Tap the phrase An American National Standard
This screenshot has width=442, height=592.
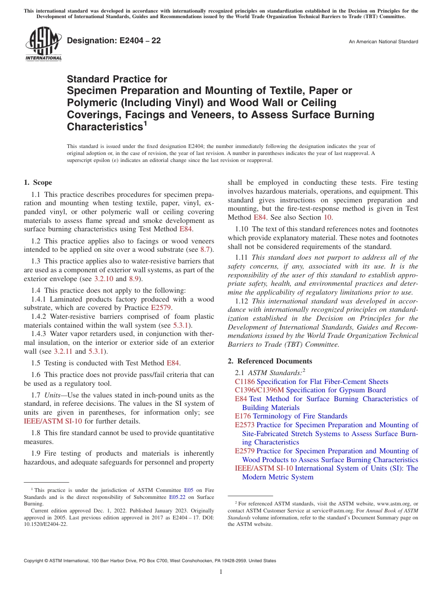coord(383,42)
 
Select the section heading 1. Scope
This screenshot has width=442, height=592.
coord(38,182)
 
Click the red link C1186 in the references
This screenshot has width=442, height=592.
coord(245,382)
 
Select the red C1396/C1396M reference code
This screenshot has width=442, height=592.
coord(259,390)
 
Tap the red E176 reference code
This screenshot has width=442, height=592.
coord(242,416)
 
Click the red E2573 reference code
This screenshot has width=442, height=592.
coord(245,425)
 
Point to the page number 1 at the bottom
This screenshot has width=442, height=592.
coord(221,572)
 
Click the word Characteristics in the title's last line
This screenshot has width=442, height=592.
coord(104,127)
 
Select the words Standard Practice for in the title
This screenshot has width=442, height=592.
coord(117,79)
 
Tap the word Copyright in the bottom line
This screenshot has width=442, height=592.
coord(36,561)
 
